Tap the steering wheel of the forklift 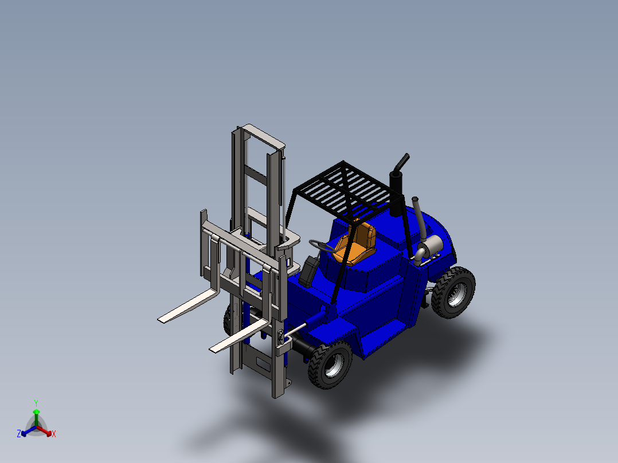click(x=322, y=246)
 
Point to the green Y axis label click(x=36, y=403)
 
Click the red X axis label click(x=54, y=434)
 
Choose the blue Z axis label click(x=19, y=434)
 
